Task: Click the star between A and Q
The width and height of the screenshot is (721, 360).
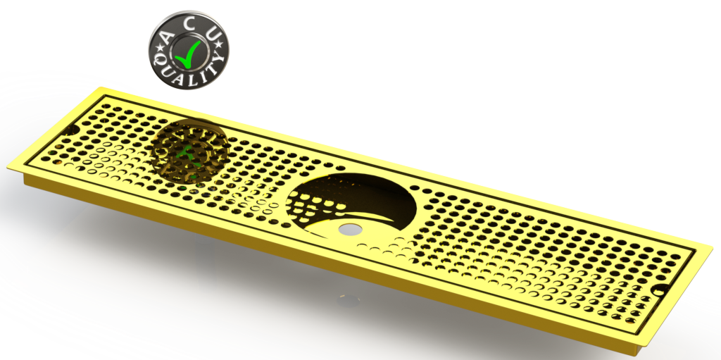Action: pos(157,47)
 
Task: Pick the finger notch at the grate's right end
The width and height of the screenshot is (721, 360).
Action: pos(660,290)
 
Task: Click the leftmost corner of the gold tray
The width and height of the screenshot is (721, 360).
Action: pos(8,166)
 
